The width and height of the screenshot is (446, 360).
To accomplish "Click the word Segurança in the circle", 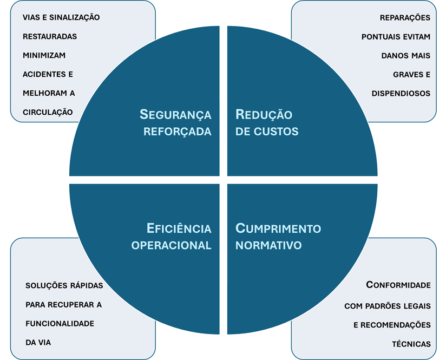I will tap(175, 115).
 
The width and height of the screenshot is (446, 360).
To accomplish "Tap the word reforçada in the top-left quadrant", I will tap(178, 132).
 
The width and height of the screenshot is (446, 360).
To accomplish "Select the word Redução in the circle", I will tap(264, 115).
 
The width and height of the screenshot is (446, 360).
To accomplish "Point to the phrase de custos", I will tap(267, 132).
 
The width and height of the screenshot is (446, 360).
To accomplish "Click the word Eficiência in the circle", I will tap(179, 228).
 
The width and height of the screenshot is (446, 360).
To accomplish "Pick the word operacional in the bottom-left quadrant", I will tap(171, 245).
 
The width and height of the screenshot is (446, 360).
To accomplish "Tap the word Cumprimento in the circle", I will tap(278, 228).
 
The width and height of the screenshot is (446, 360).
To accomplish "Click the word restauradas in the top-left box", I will tap(50, 37).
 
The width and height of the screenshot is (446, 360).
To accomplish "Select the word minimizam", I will tap(44, 55).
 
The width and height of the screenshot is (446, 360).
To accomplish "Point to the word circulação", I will tap(48, 112).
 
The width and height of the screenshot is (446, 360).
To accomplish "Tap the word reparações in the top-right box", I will tap(405, 18).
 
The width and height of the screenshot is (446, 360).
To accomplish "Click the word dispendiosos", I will tap(401, 93).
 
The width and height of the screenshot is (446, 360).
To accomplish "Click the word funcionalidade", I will tap(60, 323).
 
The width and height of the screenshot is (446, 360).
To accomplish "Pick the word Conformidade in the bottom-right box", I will tap(398, 285).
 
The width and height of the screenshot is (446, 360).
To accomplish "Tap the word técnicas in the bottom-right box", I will tap(411, 344).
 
